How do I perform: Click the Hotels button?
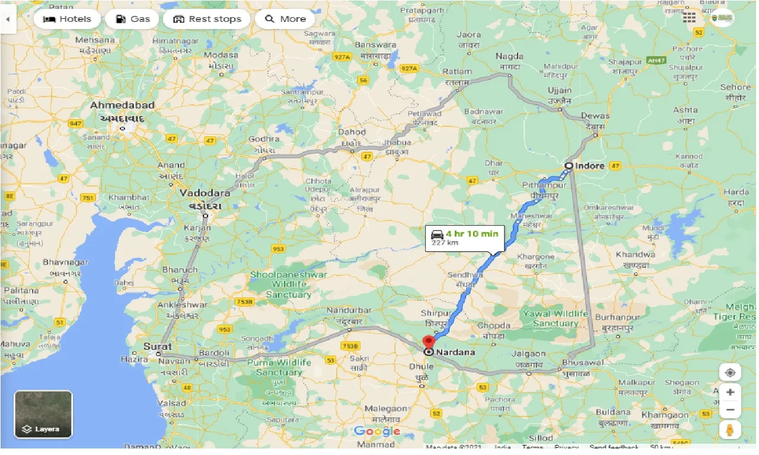point(67,19)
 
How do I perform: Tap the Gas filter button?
point(132,19)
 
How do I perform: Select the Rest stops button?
point(207,19)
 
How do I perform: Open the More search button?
point(285,19)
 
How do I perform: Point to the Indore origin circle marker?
point(569,166)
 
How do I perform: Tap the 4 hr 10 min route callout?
point(464,236)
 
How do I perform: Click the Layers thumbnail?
point(43,414)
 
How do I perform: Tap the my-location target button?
point(730,373)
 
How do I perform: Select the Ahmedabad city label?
point(123,105)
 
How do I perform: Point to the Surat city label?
point(157,347)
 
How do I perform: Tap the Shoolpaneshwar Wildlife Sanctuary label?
point(280,284)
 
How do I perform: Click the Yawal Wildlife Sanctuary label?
point(555,319)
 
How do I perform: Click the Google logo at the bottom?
point(377,431)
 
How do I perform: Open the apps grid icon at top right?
point(689,18)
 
